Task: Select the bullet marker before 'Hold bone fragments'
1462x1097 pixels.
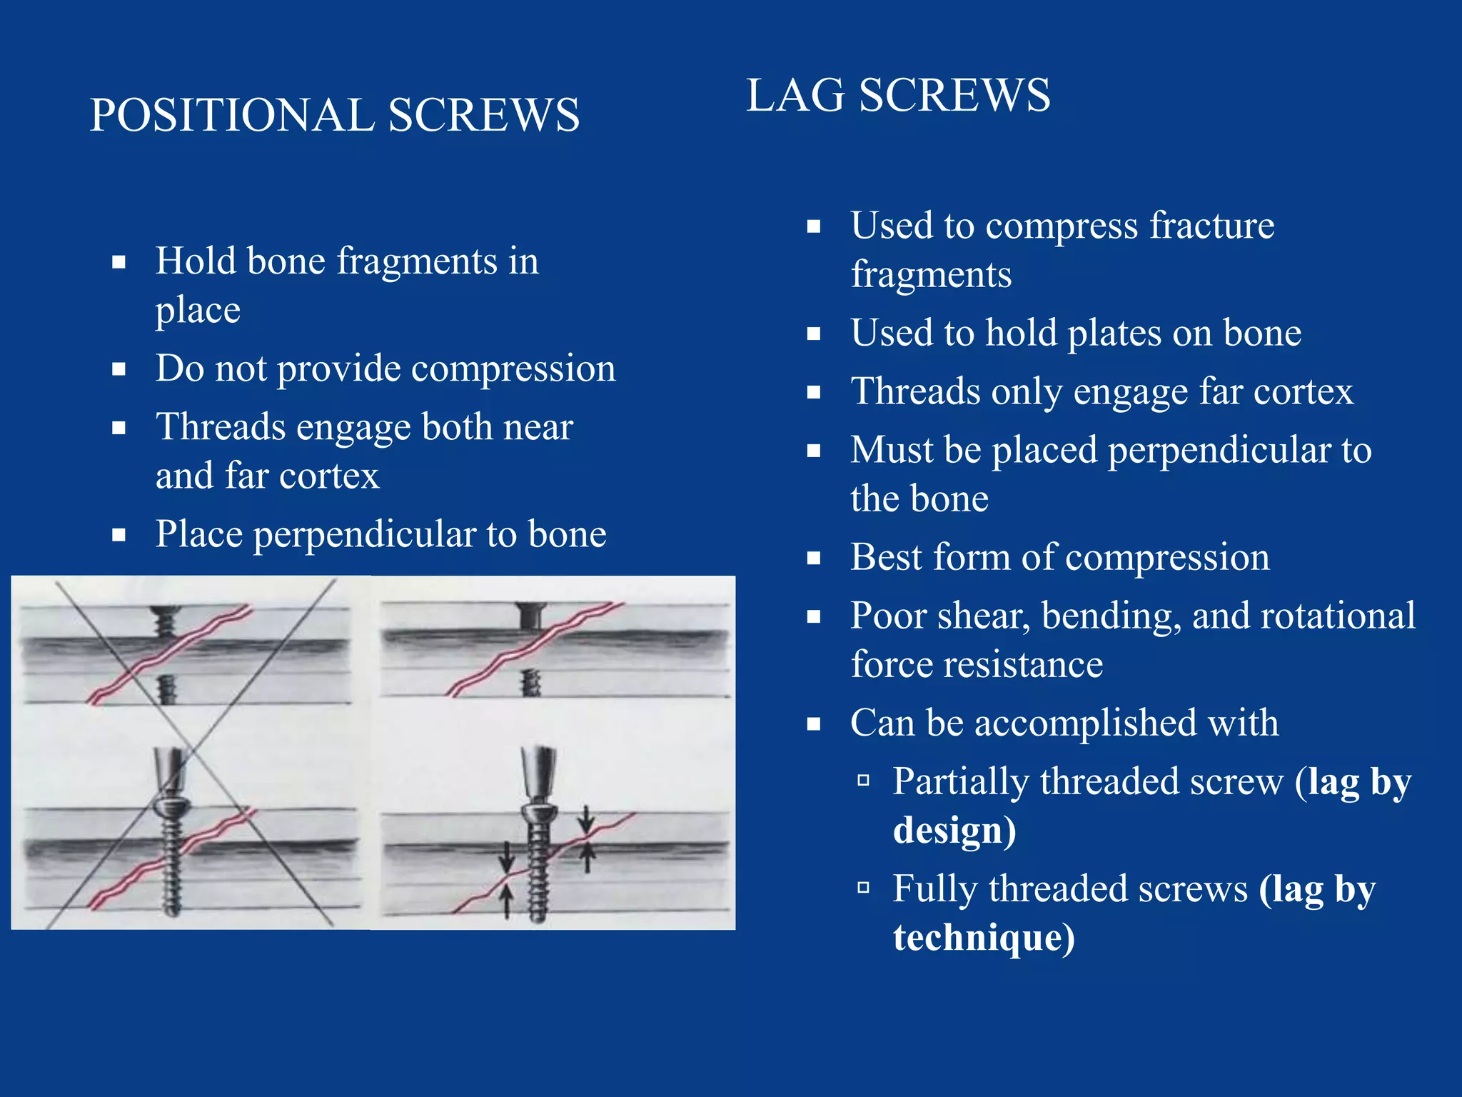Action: [119, 262]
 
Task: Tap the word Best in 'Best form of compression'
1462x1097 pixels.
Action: [886, 558]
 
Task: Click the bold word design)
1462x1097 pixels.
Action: [954, 831]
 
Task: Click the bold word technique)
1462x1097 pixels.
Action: [983, 938]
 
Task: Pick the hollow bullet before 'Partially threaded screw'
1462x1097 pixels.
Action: [863, 780]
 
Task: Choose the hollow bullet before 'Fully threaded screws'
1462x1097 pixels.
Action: [863, 887]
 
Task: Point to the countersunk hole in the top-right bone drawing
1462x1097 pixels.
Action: [531, 614]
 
